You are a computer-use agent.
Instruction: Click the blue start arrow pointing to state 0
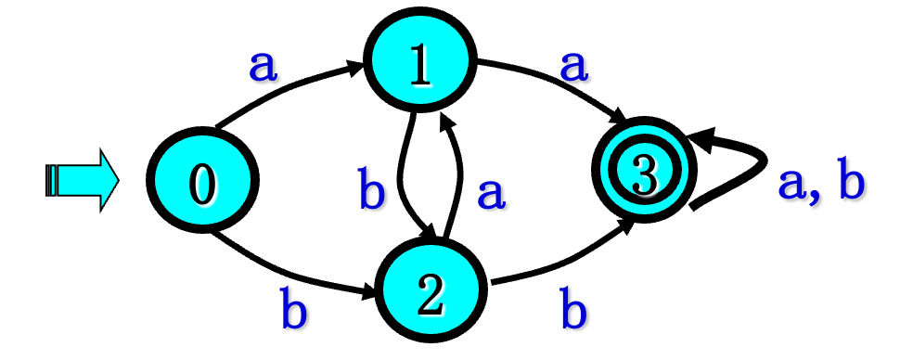(x=82, y=179)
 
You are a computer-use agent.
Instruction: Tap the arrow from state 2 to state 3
(x=557, y=269)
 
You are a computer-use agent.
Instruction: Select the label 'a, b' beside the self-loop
(x=820, y=184)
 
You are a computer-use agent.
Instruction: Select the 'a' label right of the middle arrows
(x=491, y=193)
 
